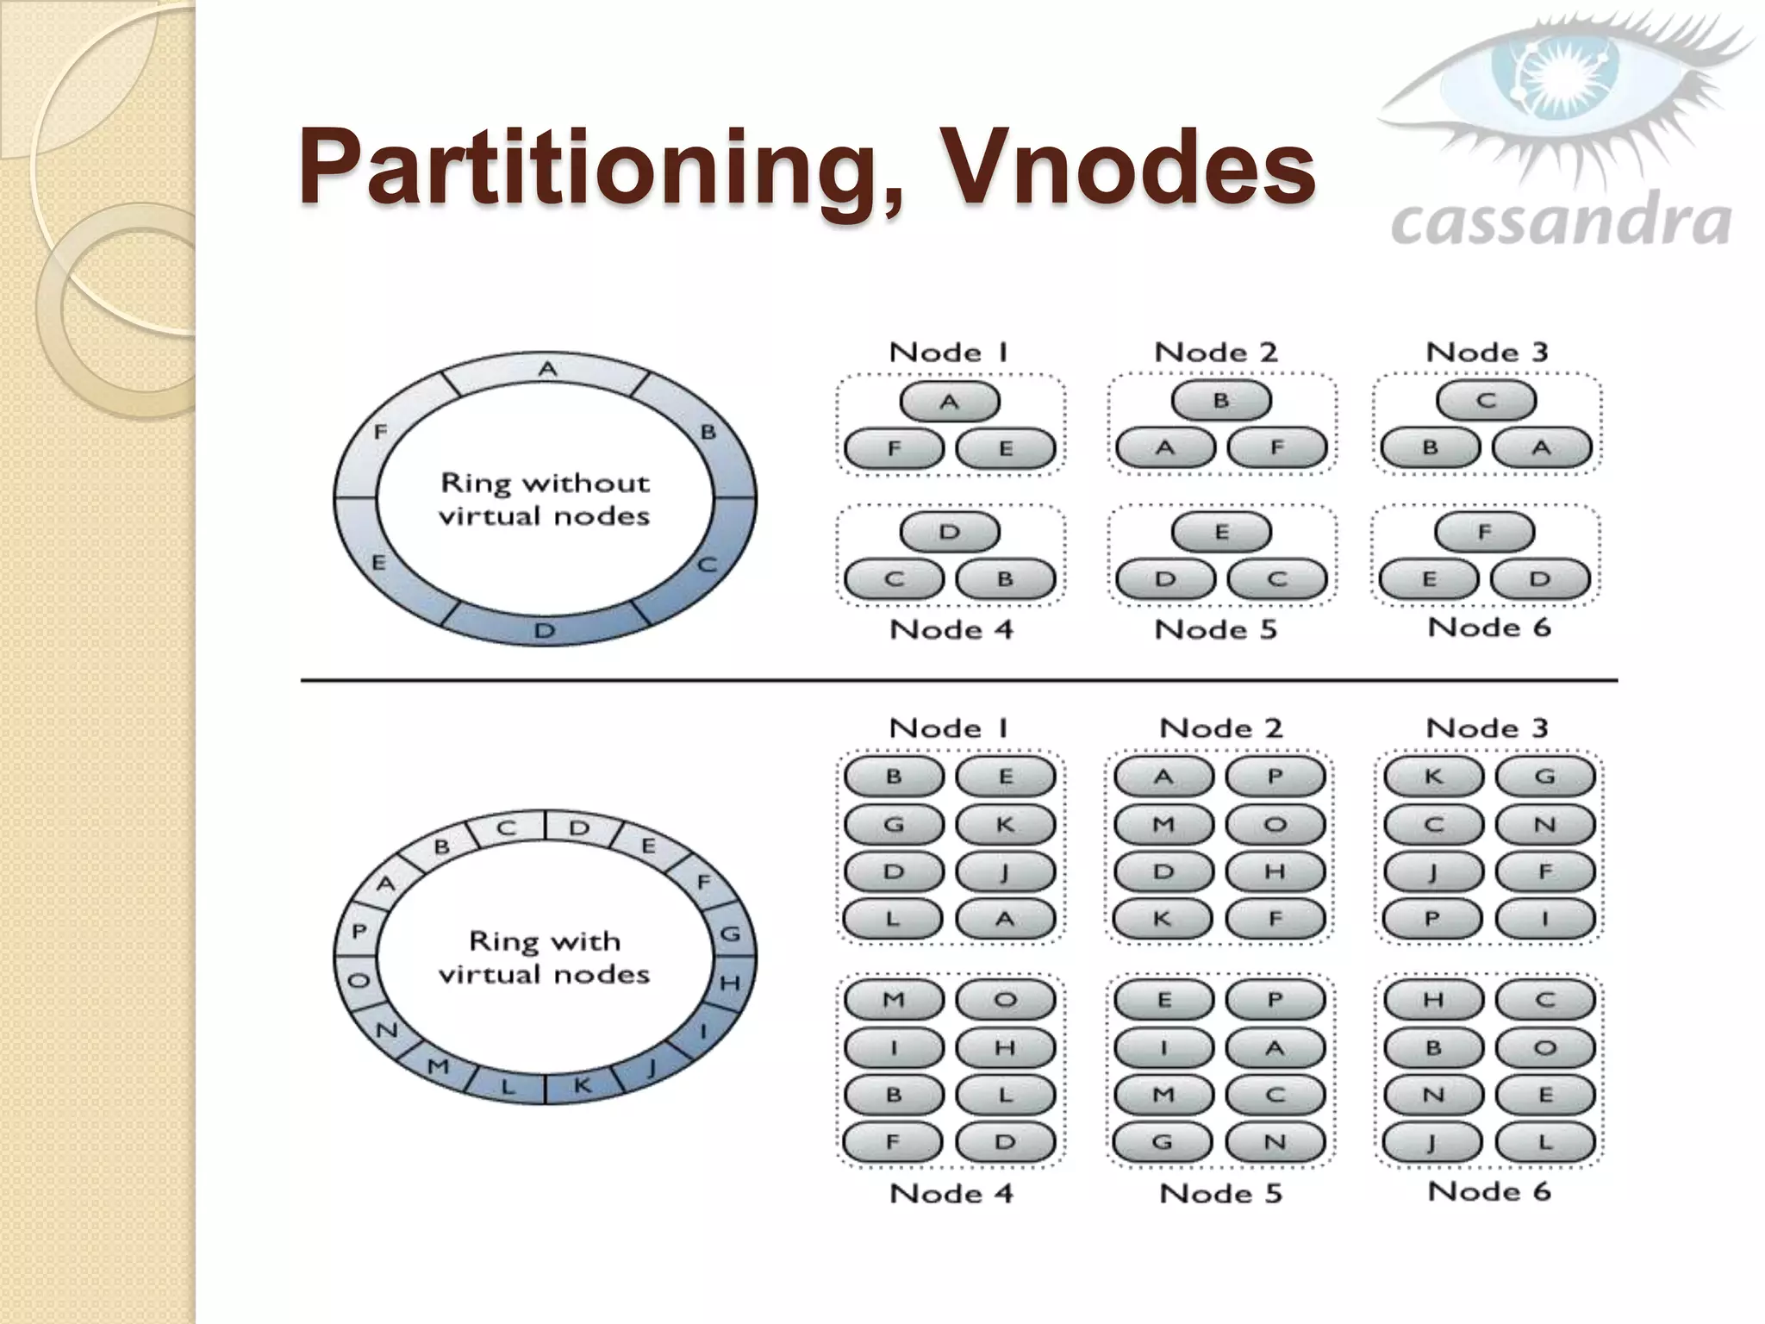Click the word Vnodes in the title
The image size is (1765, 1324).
pyautogui.click(x=1129, y=165)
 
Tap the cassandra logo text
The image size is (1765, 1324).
pyautogui.click(x=1560, y=222)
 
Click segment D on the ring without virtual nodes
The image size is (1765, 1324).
pyautogui.click(x=545, y=629)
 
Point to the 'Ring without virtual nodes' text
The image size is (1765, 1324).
pyautogui.click(x=545, y=499)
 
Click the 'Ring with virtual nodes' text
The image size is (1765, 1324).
pyautogui.click(x=545, y=957)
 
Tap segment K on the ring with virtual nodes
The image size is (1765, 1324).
pyautogui.click(x=582, y=1085)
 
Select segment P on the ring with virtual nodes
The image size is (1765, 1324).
pyautogui.click(x=359, y=932)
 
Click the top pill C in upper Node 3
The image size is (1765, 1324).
pyautogui.click(x=1486, y=401)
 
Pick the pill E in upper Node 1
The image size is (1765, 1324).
pyautogui.click(x=1005, y=448)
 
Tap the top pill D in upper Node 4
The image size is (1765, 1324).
pyautogui.click(x=950, y=532)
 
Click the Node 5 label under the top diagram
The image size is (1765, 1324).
pyautogui.click(x=1215, y=629)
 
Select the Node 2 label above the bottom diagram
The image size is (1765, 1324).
pyautogui.click(x=1220, y=728)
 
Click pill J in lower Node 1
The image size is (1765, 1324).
pyautogui.click(x=1005, y=871)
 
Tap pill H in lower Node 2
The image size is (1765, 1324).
pyautogui.click(x=1275, y=871)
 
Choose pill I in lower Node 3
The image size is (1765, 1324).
pyautogui.click(x=1544, y=919)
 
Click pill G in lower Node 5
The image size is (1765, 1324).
pyautogui.click(x=1163, y=1142)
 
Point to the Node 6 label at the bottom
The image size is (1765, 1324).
pyautogui.click(x=1488, y=1191)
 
